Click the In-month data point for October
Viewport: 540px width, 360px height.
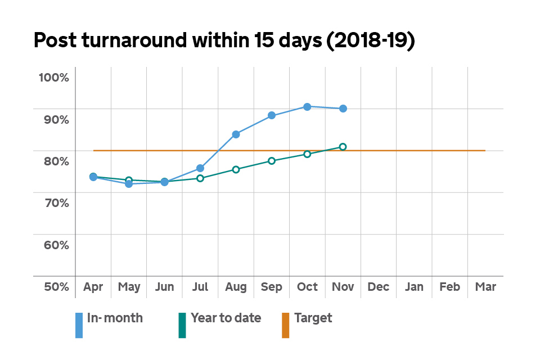[307, 107]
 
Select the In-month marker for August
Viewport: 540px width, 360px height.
[236, 134]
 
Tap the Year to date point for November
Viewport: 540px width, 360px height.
[343, 147]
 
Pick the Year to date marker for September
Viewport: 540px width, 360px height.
[272, 161]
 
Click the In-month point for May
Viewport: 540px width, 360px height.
[129, 184]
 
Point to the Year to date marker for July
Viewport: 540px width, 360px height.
[200, 178]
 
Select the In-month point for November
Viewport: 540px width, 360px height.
[343, 109]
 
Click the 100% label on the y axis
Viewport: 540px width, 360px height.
[53, 77]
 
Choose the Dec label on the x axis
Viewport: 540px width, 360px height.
[379, 287]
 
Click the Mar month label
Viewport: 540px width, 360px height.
[485, 287]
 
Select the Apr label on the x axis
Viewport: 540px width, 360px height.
[93, 287]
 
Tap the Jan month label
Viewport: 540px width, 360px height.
[414, 287]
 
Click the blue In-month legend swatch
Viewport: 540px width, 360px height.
[79, 325]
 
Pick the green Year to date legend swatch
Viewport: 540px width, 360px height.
[182, 325]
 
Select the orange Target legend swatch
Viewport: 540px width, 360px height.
[285, 325]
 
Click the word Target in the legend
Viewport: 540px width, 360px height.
[313, 318]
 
